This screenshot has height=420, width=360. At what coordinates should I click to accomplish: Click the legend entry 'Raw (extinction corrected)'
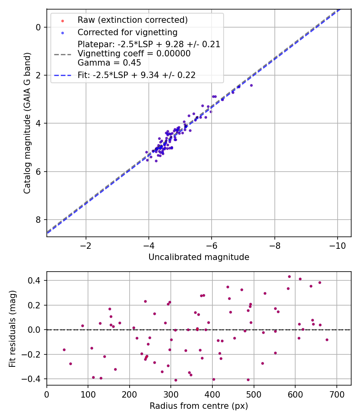(x=132, y=20)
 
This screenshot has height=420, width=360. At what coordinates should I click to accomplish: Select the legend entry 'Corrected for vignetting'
(x=127, y=32)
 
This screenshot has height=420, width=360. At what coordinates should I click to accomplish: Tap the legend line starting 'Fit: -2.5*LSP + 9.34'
(x=136, y=75)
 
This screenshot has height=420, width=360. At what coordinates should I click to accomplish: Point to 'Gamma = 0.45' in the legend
(x=109, y=62)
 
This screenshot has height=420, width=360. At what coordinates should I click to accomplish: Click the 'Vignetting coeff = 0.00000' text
(x=134, y=54)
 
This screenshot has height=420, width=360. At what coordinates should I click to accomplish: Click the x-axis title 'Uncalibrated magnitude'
(x=199, y=257)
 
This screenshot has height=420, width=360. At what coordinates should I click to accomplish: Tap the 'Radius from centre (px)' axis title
(x=199, y=406)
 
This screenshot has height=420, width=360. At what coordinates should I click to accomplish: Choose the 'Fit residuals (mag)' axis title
(x=13, y=329)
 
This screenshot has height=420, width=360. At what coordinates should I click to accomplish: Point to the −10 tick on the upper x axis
(x=337, y=245)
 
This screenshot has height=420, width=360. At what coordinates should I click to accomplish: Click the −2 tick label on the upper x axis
(x=86, y=245)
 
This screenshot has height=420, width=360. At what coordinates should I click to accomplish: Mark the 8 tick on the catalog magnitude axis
(x=38, y=220)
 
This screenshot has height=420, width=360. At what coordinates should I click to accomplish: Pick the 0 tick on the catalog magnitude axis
(x=38, y=27)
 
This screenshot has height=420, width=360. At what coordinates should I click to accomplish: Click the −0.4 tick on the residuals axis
(x=34, y=379)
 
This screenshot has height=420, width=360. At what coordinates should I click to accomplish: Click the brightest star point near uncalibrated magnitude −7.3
(x=251, y=85)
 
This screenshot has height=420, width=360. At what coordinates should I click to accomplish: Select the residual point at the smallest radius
(x=64, y=350)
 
